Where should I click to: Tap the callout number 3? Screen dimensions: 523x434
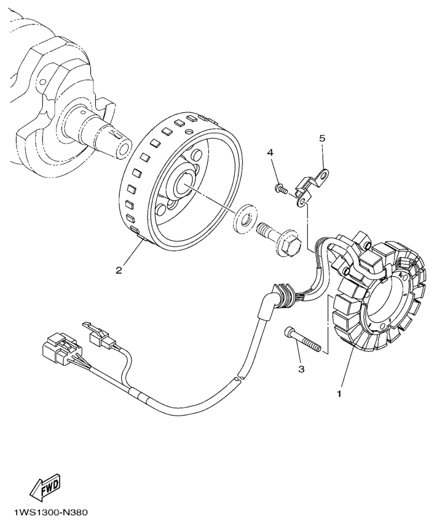[302, 369]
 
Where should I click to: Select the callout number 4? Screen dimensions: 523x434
[269, 152]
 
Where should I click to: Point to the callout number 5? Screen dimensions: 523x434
[322, 139]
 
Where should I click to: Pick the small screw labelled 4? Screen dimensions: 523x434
[280, 187]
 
